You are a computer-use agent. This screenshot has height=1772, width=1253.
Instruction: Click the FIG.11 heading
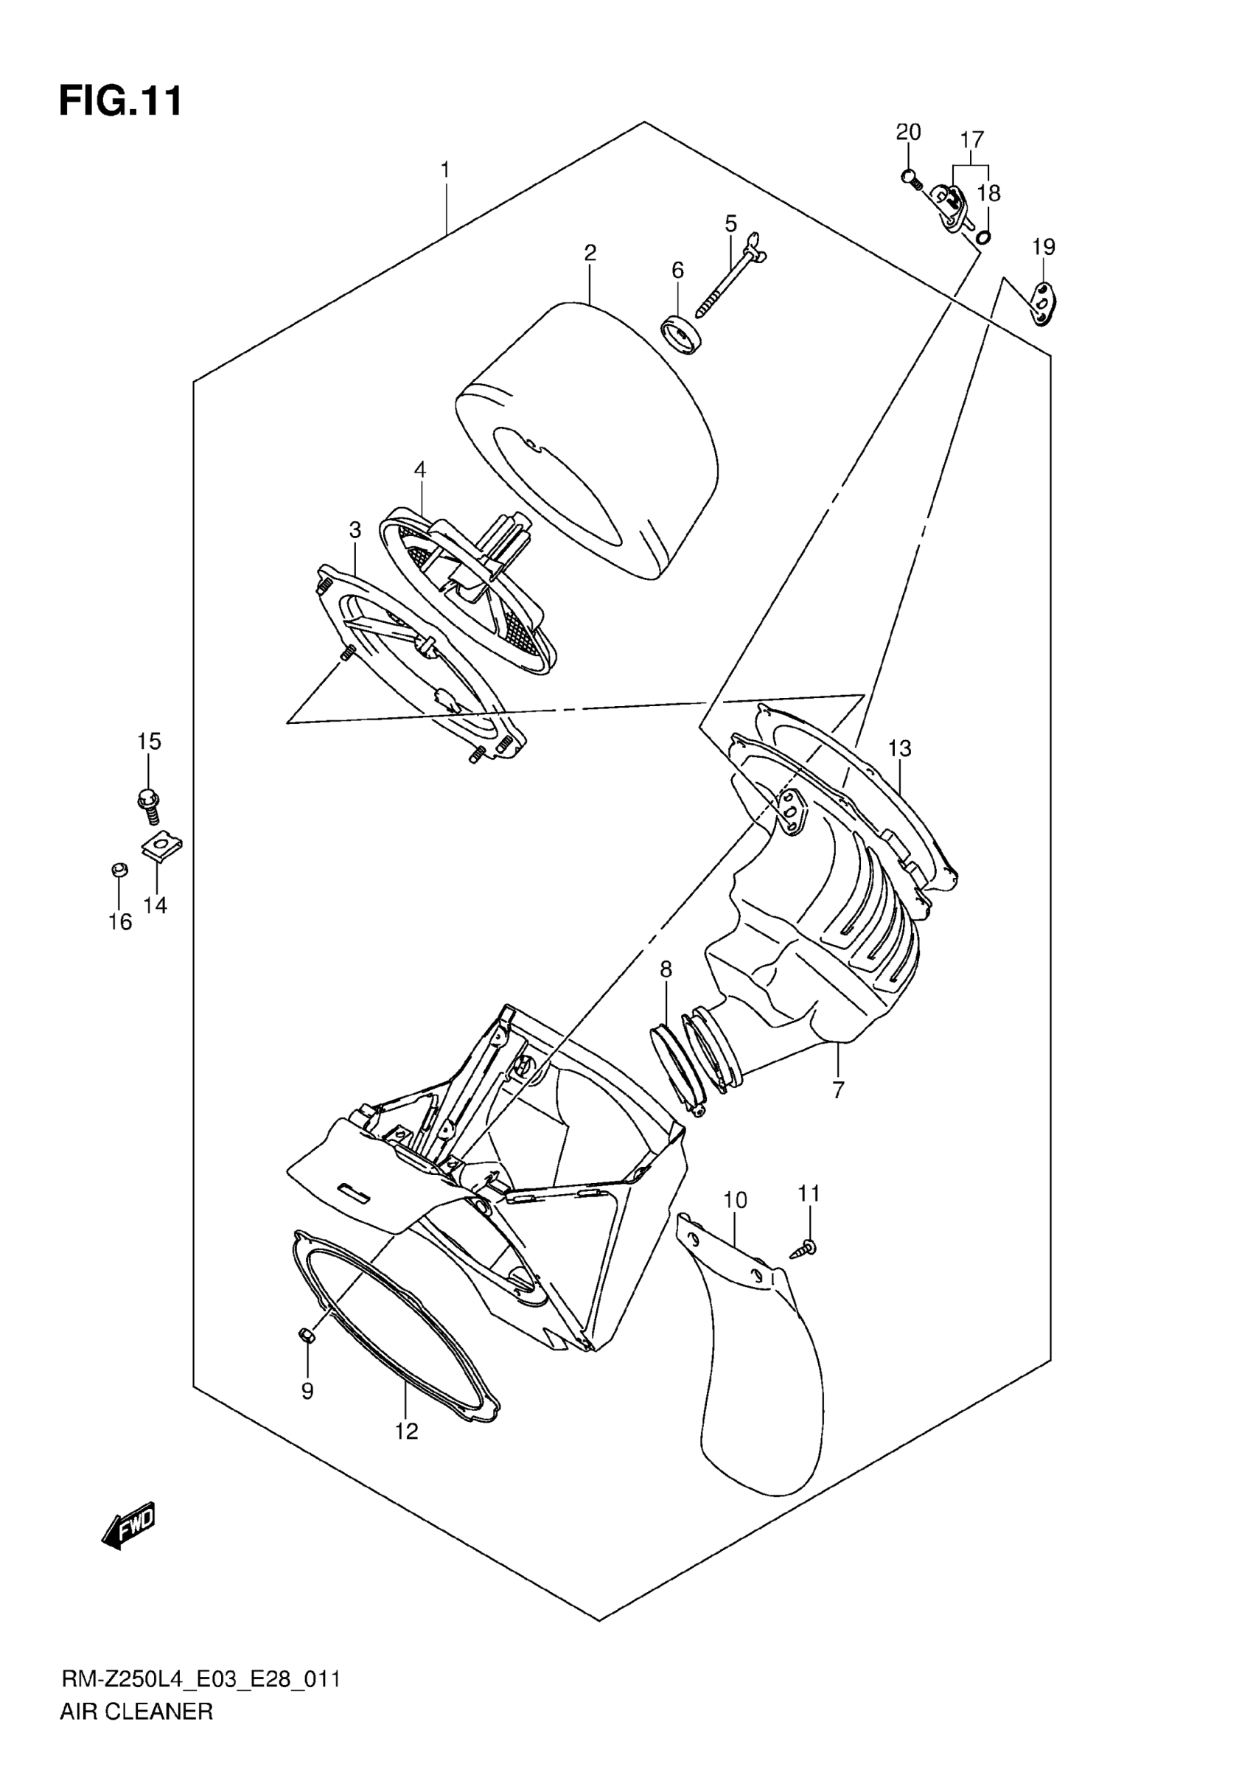tap(121, 101)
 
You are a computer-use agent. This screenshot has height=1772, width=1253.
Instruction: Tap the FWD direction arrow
tap(129, 1526)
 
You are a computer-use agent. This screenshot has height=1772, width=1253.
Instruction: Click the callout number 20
tap(908, 132)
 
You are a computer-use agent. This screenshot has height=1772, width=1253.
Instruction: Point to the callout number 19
tap(1043, 247)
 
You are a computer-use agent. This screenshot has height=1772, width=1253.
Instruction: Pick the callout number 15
tap(149, 742)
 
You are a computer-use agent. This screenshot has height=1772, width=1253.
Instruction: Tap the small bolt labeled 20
tap(911, 179)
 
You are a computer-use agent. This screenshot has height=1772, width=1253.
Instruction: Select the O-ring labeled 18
tap(983, 235)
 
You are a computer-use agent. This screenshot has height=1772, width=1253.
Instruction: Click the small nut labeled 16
tap(119, 871)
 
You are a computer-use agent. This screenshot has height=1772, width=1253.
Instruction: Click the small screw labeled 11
tap(805, 1248)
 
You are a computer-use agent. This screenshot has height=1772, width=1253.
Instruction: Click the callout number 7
tap(839, 1089)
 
